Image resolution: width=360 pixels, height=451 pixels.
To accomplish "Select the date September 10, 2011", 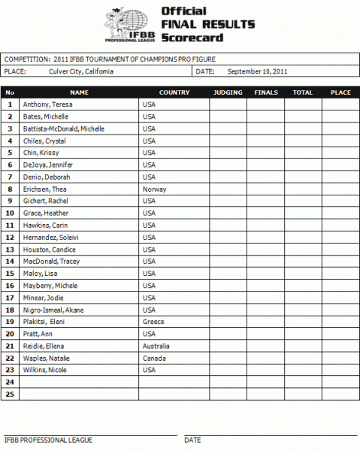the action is pyautogui.click(x=257, y=71).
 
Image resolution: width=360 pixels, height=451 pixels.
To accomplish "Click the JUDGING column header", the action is pyautogui.click(x=228, y=92).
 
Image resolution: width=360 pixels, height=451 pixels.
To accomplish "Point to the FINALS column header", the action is pyautogui.click(x=266, y=92).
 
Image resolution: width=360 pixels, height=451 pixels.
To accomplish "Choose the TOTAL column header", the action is pyautogui.click(x=303, y=92).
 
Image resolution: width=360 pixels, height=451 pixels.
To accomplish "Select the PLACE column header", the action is pyautogui.click(x=340, y=92).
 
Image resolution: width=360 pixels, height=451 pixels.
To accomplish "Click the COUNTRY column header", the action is pyautogui.click(x=174, y=92).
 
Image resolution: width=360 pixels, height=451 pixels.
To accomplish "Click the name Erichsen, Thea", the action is pyautogui.click(x=44, y=189).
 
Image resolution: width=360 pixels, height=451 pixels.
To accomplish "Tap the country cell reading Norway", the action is pyautogui.click(x=154, y=189).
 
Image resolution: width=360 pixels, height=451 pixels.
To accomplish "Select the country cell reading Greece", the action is pyautogui.click(x=153, y=322).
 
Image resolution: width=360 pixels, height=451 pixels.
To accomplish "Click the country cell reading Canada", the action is pyautogui.click(x=154, y=358).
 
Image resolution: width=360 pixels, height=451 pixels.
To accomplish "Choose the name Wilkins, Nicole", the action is pyautogui.click(x=45, y=370).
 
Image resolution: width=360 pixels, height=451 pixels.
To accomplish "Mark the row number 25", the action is pyautogui.click(x=11, y=394).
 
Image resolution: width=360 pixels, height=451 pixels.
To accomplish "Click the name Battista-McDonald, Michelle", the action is pyautogui.click(x=64, y=129).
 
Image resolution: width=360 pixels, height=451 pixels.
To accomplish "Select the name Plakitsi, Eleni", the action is pyautogui.click(x=44, y=322).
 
